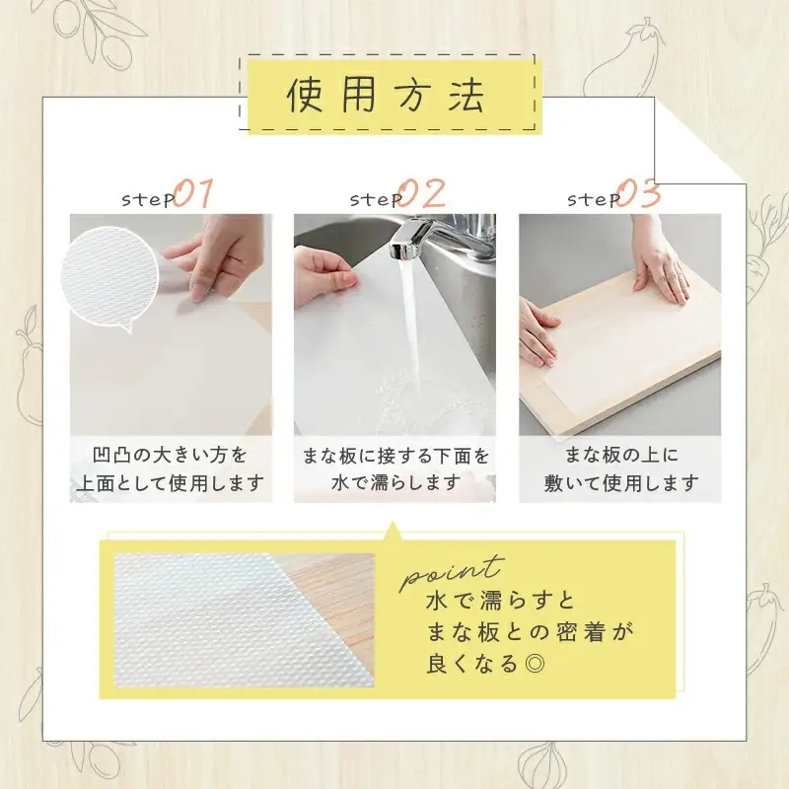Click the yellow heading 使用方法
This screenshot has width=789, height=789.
click(386, 95)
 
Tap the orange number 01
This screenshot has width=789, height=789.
click(193, 193)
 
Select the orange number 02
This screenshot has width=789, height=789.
click(424, 193)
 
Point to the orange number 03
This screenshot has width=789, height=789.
click(639, 193)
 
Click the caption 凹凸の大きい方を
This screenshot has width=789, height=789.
click(170, 455)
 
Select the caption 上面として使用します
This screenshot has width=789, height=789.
click(170, 483)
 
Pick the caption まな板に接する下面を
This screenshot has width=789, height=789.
click(395, 456)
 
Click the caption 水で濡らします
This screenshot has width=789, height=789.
click(395, 483)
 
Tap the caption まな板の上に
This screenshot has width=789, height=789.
click(621, 455)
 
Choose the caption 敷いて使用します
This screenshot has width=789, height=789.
click(621, 483)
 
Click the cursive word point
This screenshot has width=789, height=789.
click(452, 573)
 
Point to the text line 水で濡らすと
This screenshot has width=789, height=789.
click(500, 601)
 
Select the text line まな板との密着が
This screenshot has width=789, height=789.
click(530, 632)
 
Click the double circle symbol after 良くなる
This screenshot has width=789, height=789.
click(535, 663)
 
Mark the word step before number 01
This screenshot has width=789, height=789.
click(148, 199)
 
